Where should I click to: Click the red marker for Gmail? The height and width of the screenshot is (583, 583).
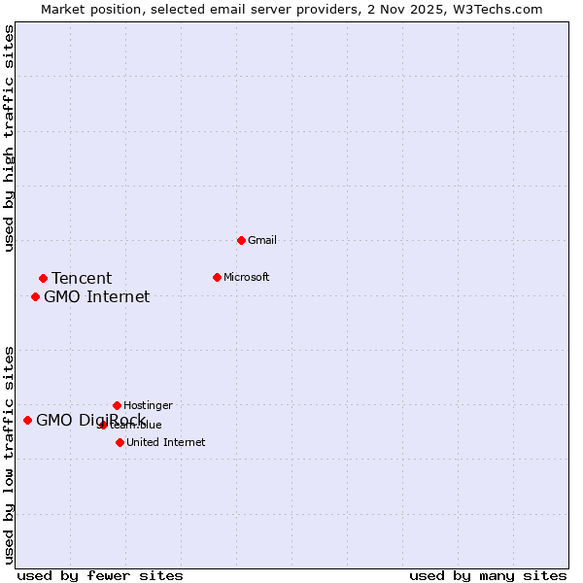(241, 240)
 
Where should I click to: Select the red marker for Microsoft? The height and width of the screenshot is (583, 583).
(217, 277)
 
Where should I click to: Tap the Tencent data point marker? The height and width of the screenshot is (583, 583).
(43, 278)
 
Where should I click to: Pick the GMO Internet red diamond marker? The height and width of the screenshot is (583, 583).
(35, 296)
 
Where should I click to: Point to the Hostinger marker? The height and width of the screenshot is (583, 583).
(117, 405)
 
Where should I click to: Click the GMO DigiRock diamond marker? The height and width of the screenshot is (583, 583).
(27, 420)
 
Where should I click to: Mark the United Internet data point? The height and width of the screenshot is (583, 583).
(120, 442)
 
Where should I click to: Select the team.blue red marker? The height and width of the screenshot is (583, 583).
(103, 425)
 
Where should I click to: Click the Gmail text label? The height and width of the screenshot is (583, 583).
(261, 240)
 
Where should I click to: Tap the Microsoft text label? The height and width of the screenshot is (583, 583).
(246, 277)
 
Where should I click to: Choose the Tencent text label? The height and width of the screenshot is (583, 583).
(82, 279)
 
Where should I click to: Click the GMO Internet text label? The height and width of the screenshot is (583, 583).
(96, 297)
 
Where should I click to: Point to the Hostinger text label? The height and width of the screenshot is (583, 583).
(148, 405)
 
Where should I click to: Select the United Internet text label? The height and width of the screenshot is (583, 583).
(165, 442)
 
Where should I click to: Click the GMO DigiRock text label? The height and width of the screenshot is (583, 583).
(90, 421)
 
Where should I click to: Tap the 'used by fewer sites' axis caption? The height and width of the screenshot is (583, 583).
(100, 575)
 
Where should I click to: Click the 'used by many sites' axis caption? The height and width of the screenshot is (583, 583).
(488, 575)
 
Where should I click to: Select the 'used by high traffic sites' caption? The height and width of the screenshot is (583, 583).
(10, 138)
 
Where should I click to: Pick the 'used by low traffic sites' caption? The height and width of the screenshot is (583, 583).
(10, 455)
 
